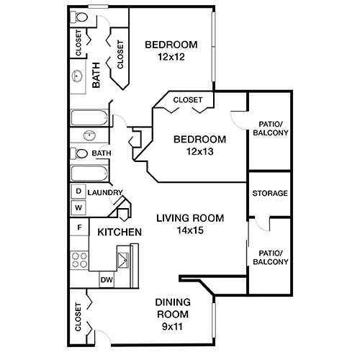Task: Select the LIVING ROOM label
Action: (x=191, y=218)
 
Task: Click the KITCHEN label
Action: (x=119, y=233)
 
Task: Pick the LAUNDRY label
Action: (x=104, y=192)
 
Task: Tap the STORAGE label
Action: (x=269, y=194)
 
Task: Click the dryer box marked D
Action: (x=78, y=192)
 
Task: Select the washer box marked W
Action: (x=78, y=207)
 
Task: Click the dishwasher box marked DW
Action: (x=106, y=279)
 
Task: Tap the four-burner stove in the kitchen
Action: (x=78, y=260)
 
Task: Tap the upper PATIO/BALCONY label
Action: (x=269, y=127)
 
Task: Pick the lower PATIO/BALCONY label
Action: (x=269, y=257)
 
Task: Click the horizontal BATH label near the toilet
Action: (x=101, y=153)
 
